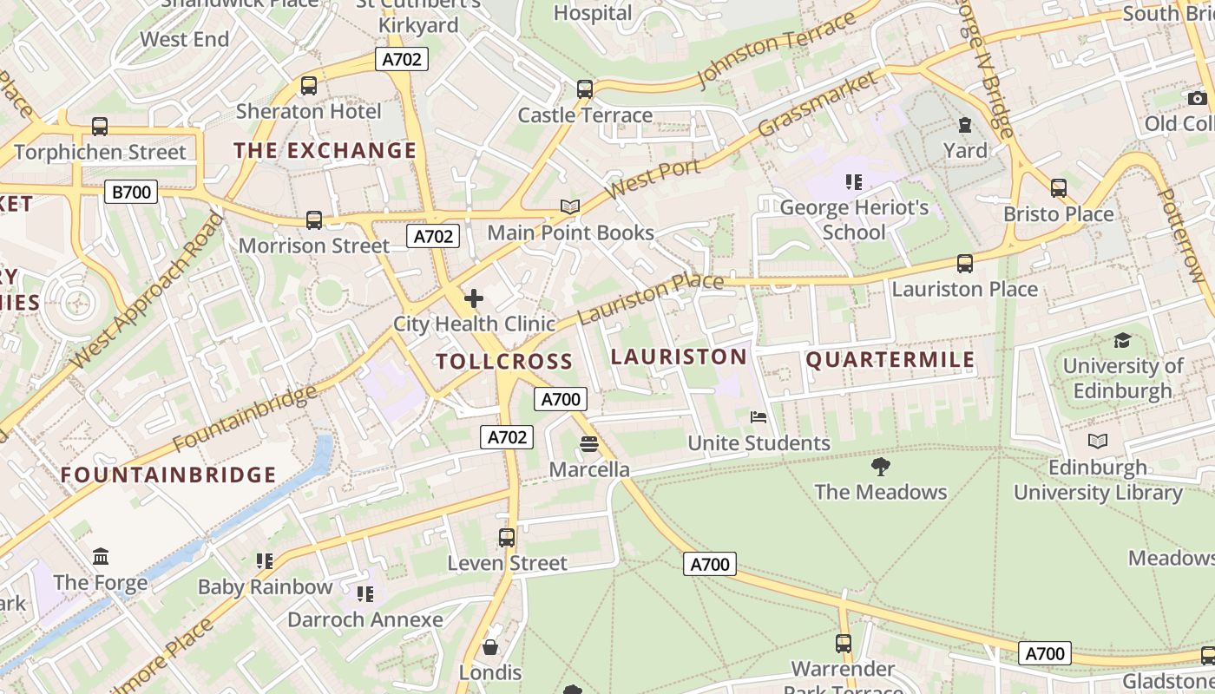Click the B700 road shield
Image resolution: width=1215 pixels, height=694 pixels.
point(131,192)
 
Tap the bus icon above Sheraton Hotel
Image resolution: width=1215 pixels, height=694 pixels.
point(308,86)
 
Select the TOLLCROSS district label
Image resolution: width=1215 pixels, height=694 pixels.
point(504,362)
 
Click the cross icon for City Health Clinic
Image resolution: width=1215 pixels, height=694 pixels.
point(474,299)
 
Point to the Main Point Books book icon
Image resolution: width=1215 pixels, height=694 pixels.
point(569,206)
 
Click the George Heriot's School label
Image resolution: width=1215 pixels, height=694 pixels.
point(854,219)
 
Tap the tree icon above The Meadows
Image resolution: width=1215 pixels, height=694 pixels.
point(880,467)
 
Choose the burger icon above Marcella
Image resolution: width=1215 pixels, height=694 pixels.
point(589,445)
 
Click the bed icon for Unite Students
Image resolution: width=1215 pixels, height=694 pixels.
point(759,417)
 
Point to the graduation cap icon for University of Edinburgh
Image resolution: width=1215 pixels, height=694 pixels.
point(1122,340)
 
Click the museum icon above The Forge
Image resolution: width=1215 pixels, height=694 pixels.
point(101,556)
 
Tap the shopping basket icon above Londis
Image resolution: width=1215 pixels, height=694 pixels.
point(490,647)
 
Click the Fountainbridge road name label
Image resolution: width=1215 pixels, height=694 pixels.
point(246,418)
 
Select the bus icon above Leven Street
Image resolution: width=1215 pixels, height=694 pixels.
point(507,538)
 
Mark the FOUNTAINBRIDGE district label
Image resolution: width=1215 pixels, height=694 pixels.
point(168,475)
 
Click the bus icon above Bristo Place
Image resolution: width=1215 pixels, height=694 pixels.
point(1058,188)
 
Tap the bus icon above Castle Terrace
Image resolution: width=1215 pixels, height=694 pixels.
point(585,89)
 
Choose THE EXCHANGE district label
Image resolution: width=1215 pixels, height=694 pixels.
point(325,150)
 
